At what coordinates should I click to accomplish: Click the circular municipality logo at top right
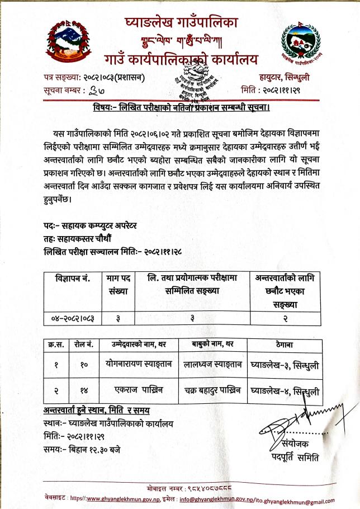point(302,41)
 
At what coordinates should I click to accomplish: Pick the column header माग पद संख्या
point(118,285)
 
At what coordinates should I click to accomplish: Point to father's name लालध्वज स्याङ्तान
point(212,365)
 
